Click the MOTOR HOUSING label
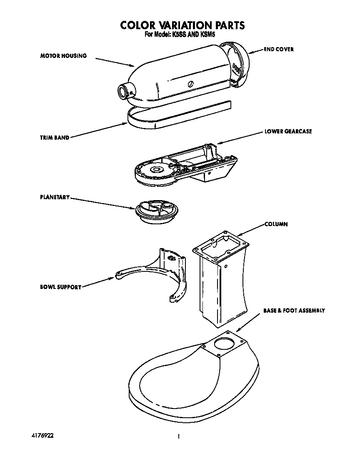tap(63, 56)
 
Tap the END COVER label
tap(278, 49)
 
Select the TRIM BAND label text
tap(55, 138)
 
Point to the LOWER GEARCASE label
tap(288, 131)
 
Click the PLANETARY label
tap(55, 197)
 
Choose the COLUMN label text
tap(276, 224)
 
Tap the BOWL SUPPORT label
tap(60, 287)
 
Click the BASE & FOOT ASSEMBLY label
tap(294, 311)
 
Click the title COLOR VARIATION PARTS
tap(182, 25)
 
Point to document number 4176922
tap(42, 435)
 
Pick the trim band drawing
tap(175, 116)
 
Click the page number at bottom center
tap(178, 436)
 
